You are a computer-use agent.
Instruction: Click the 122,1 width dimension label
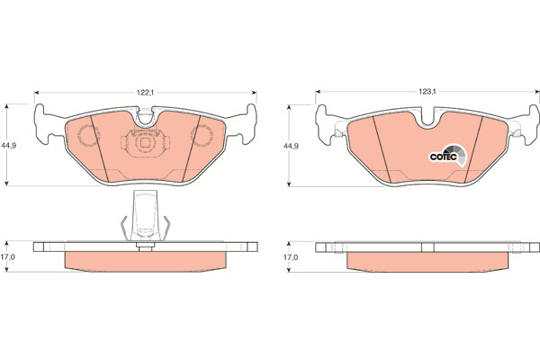(x=145, y=93)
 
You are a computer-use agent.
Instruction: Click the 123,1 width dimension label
(x=427, y=92)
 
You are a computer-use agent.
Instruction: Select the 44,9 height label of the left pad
(x=9, y=146)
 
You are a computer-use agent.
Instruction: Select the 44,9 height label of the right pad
(x=291, y=146)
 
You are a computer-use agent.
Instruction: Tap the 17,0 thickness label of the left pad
(x=9, y=256)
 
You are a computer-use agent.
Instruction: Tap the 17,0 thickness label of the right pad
(x=291, y=257)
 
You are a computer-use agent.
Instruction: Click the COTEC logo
(x=448, y=156)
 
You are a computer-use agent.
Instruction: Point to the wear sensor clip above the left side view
(x=145, y=216)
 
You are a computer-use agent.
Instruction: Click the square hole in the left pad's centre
(x=145, y=142)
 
